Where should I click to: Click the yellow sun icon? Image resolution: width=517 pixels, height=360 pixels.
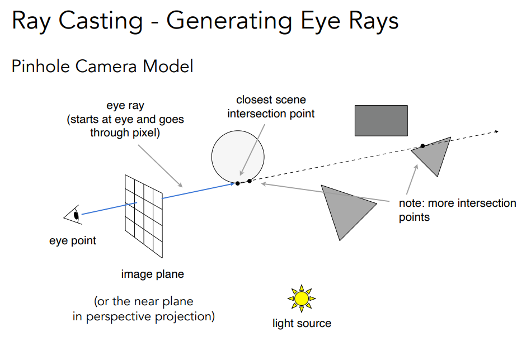[x=302, y=299]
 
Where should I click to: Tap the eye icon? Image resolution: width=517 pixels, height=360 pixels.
[x=73, y=215]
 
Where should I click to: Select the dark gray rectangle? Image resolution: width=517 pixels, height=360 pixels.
[x=381, y=121]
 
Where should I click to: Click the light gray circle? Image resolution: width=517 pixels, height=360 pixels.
[x=238, y=157]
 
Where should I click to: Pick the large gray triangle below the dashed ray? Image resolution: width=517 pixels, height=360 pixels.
[x=346, y=211]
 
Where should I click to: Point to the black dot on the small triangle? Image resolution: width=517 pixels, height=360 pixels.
[x=422, y=146]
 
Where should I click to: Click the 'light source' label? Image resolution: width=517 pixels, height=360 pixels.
[x=302, y=323]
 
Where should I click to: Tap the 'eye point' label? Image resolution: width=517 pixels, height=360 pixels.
[x=73, y=241]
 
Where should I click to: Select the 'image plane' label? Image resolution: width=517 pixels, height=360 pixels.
[x=152, y=274]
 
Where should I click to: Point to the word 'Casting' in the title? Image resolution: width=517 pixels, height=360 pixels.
[x=101, y=21]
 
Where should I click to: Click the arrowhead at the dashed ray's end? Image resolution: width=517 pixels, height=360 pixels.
[x=496, y=132]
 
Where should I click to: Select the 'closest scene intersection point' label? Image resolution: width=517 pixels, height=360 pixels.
[x=271, y=106]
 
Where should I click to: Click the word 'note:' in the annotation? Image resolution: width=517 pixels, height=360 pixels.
[x=412, y=203]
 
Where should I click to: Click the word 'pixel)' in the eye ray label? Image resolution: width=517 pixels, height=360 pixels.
[x=145, y=133]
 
